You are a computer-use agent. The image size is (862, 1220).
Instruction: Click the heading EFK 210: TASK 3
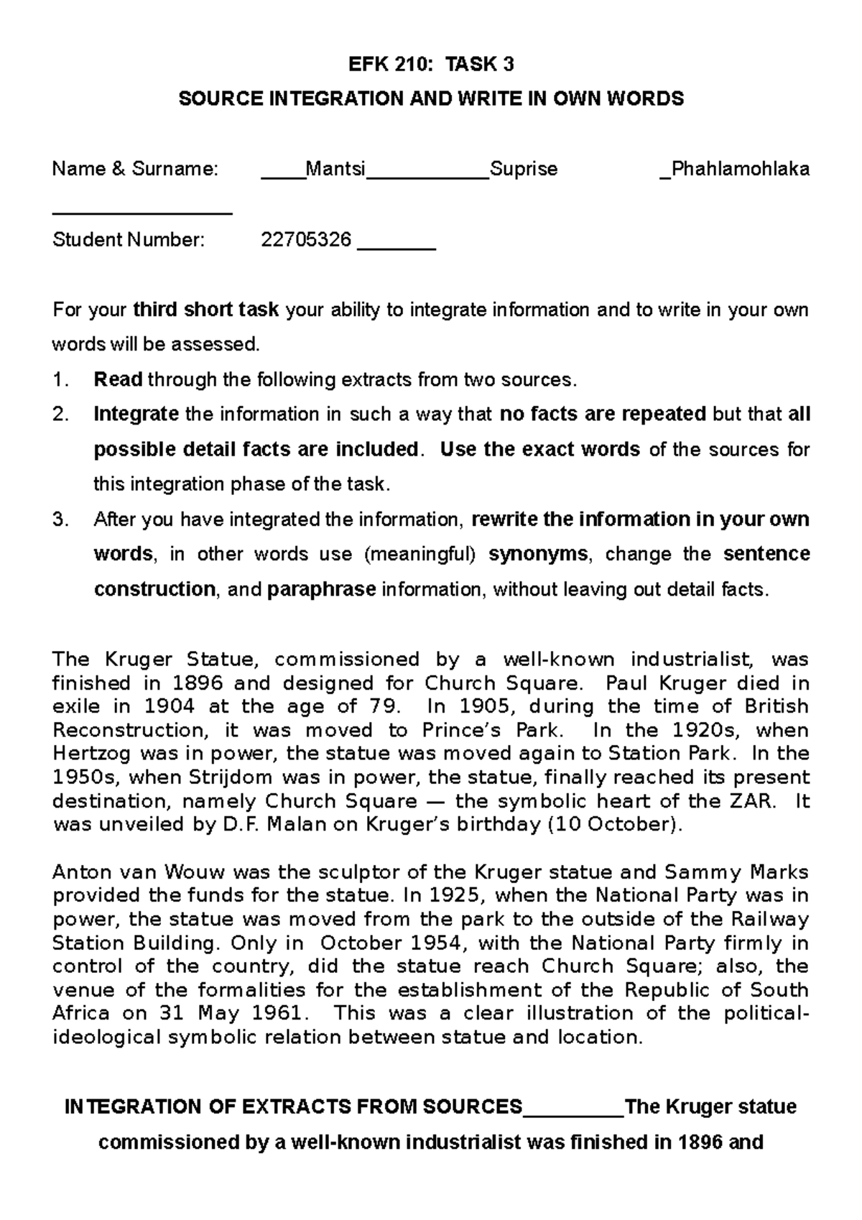431,65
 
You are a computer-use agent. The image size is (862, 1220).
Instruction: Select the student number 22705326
306,239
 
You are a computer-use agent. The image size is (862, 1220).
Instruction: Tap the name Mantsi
335,169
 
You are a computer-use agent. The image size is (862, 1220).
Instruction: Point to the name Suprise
523,169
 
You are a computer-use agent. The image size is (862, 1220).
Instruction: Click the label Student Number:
129,239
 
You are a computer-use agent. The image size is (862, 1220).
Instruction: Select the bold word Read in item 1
119,379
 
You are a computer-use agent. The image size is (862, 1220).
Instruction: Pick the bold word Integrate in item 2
136,415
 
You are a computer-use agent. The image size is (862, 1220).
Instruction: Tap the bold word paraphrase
321,589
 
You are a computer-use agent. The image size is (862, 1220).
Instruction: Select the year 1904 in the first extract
169,706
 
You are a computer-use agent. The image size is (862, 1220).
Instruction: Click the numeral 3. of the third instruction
60,519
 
